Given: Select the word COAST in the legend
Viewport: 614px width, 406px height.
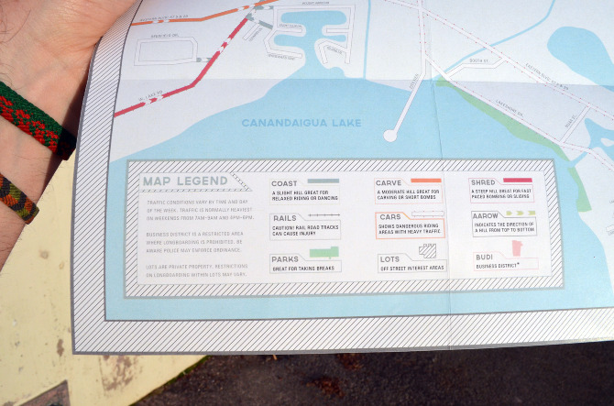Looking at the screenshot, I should tap(285, 183).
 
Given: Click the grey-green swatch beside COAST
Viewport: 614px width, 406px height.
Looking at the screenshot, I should tap(323, 181).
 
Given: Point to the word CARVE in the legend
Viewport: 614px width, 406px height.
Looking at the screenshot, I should tap(389, 182).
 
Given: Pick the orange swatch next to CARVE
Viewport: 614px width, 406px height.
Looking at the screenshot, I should tap(426, 181).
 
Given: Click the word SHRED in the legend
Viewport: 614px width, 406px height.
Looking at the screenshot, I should tap(483, 182).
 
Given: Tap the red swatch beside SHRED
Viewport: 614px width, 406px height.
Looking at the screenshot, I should tap(517, 181).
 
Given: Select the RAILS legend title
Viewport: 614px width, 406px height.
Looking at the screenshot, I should tap(285, 218).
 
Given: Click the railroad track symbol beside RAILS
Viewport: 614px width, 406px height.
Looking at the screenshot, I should tap(323, 214).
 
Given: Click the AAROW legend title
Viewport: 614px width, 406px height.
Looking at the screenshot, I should tap(486, 217).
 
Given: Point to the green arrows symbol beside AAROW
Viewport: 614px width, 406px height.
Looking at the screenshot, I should tap(520, 214).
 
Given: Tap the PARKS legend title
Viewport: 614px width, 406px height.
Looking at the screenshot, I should tap(285, 259).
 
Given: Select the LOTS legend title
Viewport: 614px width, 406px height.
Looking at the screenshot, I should tap(389, 259).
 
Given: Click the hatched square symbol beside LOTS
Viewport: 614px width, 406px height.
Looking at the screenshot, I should tap(428, 250).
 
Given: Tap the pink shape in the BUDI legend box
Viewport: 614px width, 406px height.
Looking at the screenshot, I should tap(517, 248).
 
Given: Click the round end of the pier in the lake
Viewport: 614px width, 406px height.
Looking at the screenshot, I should tap(390, 136).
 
